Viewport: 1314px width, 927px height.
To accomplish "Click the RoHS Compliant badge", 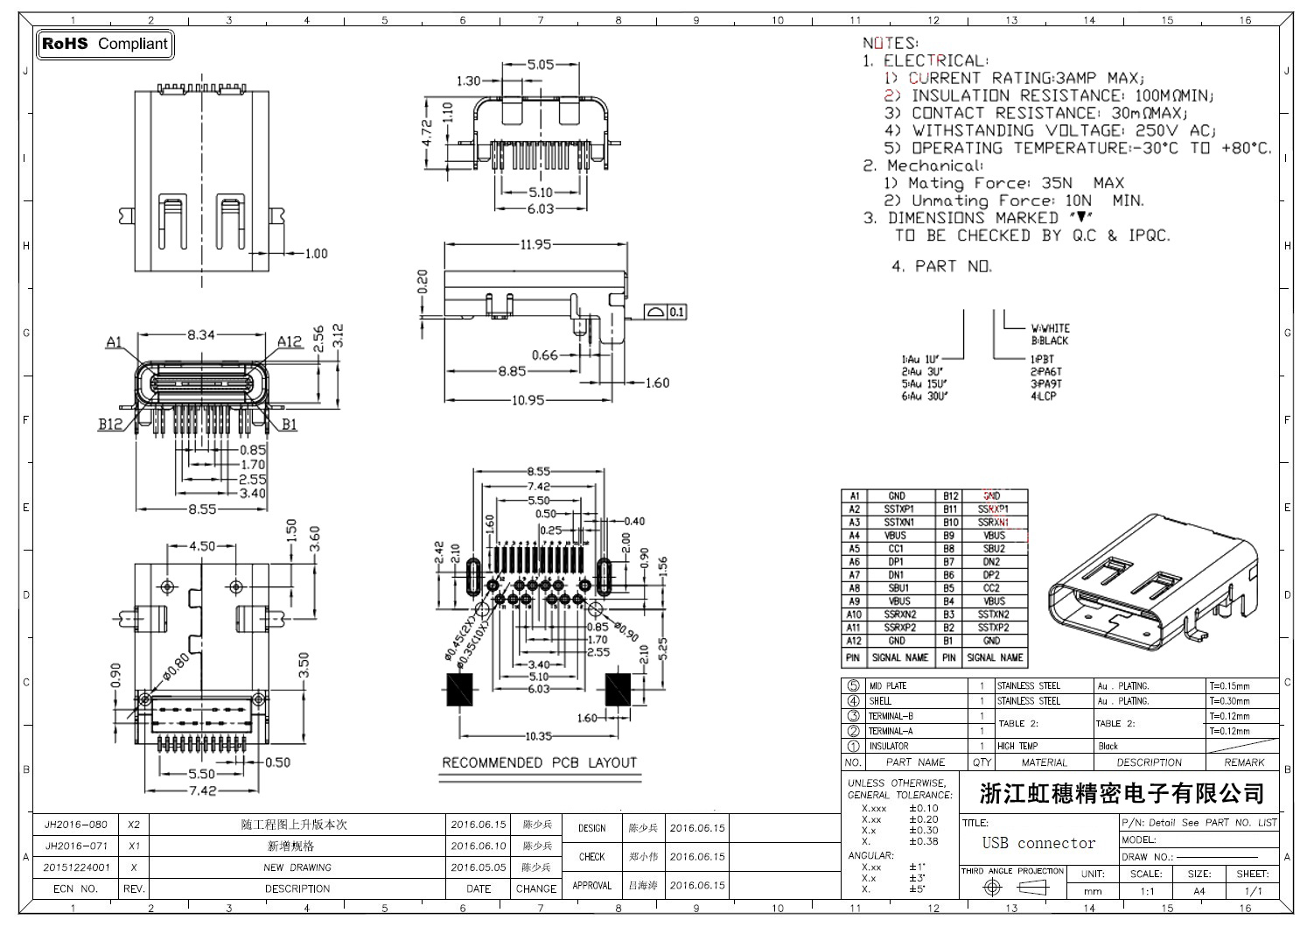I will (x=105, y=44).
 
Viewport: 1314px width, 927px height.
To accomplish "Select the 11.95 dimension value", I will (x=535, y=244).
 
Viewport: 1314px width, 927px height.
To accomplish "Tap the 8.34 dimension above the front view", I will (x=200, y=334).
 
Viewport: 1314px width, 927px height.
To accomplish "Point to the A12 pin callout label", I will (x=290, y=341).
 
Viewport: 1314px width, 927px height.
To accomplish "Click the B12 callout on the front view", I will (x=110, y=424).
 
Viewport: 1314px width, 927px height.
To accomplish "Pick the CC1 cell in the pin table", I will (x=896, y=549).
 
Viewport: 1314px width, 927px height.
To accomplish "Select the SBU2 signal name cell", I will (x=994, y=549).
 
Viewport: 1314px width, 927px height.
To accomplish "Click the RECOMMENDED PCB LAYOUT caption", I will (x=539, y=762).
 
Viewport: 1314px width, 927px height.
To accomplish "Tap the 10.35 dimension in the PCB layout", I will (x=538, y=736).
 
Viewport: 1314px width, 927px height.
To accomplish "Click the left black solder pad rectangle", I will (x=459, y=690).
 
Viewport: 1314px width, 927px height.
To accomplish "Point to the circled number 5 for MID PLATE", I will (x=853, y=685).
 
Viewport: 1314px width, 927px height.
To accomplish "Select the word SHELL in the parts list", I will (x=880, y=700).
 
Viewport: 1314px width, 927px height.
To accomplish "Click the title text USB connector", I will (x=1038, y=843).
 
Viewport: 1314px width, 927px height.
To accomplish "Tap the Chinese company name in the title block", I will (x=1122, y=794).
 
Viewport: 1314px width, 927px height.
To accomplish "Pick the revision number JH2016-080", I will (x=76, y=825).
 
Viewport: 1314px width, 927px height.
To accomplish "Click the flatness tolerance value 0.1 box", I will (x=676, y=312).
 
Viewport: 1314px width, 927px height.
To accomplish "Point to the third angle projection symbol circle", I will (x=992, y=888).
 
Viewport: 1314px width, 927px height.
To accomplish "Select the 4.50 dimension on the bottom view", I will (x=202, y=546).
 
